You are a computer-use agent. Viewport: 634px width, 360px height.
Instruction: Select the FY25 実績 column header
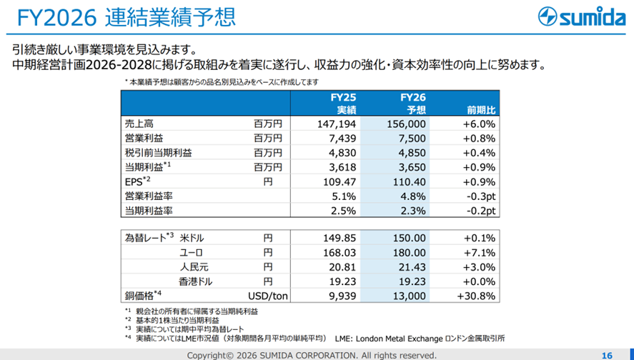pos(343,103)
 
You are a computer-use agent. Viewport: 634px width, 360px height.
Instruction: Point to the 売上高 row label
pos(139,124)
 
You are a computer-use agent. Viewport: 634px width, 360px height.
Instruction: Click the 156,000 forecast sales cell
pos(407,124)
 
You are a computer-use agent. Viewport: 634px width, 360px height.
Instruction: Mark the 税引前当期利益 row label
pos(158,152)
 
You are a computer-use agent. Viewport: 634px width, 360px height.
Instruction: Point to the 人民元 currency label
pos(191,266)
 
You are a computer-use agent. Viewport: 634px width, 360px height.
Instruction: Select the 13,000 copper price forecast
pos(410,296)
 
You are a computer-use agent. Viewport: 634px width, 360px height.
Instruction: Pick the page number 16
pos(607,355)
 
